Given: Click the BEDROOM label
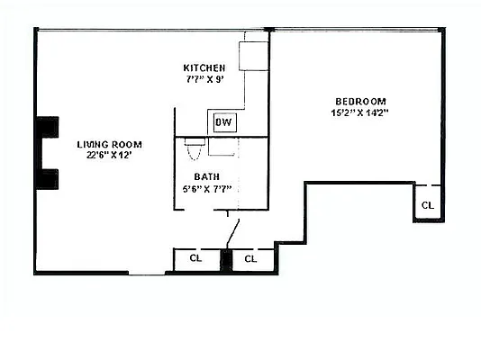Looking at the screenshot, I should coord(360,101).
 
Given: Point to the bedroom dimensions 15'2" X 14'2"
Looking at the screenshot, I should coord(360,112).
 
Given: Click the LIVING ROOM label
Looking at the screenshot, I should coord(109,144).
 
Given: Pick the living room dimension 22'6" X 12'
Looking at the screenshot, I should coord(109,156).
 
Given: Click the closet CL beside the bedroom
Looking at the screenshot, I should coord(427,205).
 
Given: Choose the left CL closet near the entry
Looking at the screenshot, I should coord(195,259).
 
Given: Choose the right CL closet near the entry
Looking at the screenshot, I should coord(251,259).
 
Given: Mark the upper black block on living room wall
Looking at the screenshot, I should coord(46,129).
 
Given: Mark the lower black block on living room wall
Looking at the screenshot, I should coord(46,178).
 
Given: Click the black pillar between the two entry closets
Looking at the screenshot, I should coord(227,259).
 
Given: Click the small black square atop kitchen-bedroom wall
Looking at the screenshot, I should coord(268,30).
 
